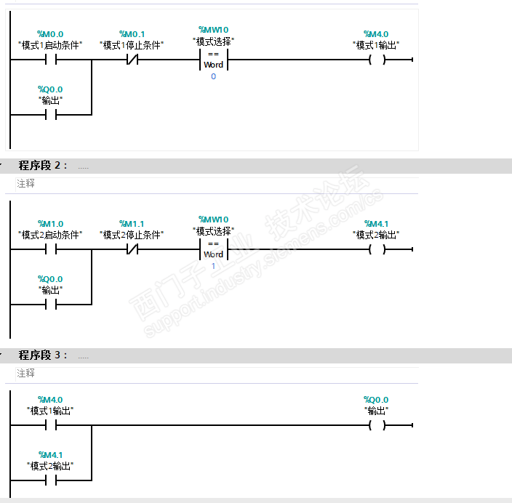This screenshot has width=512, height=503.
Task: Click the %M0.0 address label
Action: (x=50, y=34)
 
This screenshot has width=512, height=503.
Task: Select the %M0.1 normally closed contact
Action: (x=132, y=60)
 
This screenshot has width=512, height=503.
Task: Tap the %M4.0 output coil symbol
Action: (x=376, y=60)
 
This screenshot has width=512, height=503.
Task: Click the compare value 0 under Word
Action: (x=213, y=76)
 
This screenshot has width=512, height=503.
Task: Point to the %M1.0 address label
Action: (x=50, y=224)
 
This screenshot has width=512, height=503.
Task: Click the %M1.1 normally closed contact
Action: (x=132, y=249)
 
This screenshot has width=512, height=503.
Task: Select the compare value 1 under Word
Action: (x=213, y=266)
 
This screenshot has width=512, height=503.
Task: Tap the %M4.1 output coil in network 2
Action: (x=376, y=249)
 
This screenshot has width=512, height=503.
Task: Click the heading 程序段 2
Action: (x=43, y=166)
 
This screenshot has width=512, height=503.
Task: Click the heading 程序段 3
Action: (x=43, y=355)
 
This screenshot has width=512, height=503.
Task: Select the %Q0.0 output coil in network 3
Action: (x=376, y=425)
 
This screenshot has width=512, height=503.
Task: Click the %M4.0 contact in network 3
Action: (x=50, y=425)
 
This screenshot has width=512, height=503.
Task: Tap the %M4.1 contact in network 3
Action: (x=50, y=480)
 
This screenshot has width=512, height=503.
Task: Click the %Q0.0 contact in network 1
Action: (x=50, y=115)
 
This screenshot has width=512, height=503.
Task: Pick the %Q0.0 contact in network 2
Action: (x=50, y=305)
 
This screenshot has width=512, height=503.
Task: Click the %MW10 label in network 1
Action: (x=213, y=30)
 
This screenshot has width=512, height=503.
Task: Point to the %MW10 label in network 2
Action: (x=213, y=220)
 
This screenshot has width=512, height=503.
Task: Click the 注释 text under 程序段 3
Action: (x=25, y=374)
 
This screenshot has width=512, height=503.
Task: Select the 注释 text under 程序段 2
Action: (x=25, y=184)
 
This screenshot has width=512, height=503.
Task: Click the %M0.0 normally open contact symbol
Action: (x=50, y=60)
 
